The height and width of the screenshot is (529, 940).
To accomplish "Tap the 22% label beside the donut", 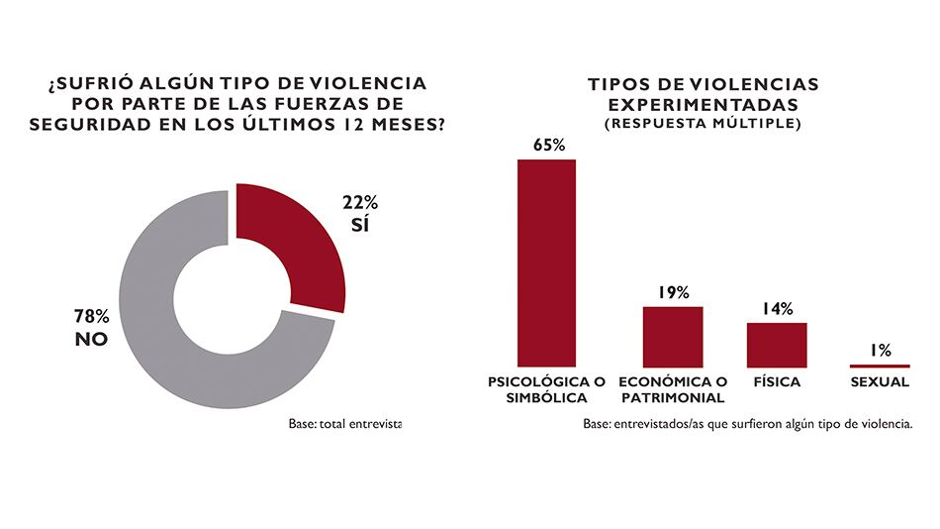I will [x=360, y=202].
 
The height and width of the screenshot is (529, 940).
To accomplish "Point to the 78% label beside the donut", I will [x=92, y=317].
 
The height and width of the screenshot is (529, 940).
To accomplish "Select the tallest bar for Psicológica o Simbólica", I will [x=546, y=263].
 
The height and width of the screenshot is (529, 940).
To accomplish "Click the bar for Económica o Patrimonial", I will [x=673, y=336].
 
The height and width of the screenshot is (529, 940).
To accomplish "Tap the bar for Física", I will [x=777, y=345].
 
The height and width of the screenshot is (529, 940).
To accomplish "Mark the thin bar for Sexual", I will [x=881, y=366].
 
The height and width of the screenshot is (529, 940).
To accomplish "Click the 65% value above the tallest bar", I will [x=548, y=145].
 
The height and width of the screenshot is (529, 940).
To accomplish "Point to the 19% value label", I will [x=673, y=292].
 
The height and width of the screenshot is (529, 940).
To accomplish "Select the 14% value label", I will [x=777, y=309].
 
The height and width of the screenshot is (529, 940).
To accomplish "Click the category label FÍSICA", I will [x=777, y=381].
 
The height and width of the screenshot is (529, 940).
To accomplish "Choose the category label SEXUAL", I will [x=881, y=381].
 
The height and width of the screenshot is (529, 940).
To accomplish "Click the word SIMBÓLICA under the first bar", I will [x=546, y=397].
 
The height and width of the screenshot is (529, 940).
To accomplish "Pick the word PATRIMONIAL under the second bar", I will [x=673, y=397].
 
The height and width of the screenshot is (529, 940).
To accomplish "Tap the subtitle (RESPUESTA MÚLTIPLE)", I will [x=703, y=124].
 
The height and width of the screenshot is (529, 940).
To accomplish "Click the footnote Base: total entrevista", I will [x=345, y=423].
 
